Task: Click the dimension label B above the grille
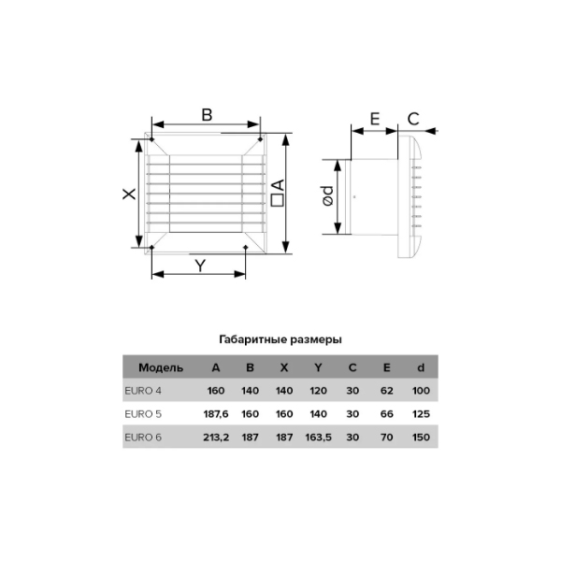pos(207,115)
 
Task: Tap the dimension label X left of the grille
pos(130,194)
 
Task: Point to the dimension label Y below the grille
pos(200,266)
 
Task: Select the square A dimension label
pos(278,193)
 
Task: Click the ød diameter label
pos(328,195)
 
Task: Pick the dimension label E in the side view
pos(375,119)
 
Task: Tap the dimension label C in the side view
pos(413,119)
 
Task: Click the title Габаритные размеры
pos(280,339)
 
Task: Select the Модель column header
pos(161,367)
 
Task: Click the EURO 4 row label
pos(143,390)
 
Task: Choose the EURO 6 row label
pos(143,438)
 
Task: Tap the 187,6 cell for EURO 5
pos(216,414)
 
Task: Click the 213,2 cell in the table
pos(216,438)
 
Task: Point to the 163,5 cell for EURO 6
pos(318,438)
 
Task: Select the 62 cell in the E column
pos(387,390)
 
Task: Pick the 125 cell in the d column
pos(421,414)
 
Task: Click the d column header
pos(421,367)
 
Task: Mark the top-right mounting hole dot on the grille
pos(260,138)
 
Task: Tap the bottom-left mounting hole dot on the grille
pos(151,247)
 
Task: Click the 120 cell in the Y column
pos(318,390)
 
